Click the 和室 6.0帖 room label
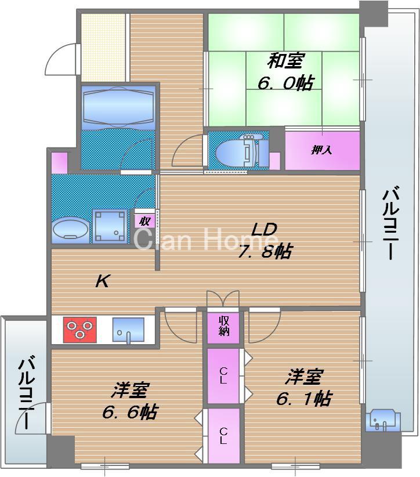pyautogui.click(x=285, y=71)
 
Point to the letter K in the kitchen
pyautogui.click(x=103, y=282)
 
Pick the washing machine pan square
pyautogui.click(x=111, y=226)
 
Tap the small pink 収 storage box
pyautogui.click(x=144, y=221)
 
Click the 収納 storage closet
pyautogui.click(x=224, y=327)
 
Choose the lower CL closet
pyautogui.click(x=223, y=435)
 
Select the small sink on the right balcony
pyautogui.click(x=382, y=419)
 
